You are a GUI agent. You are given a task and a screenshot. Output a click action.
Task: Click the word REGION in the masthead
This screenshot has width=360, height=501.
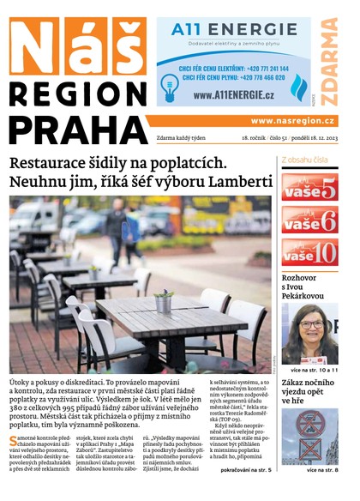click(76, 94)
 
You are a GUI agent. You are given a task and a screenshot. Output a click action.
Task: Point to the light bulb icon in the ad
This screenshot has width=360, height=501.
click(168, 82)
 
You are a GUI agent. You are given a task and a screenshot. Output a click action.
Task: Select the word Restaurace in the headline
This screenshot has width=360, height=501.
click(52, 161)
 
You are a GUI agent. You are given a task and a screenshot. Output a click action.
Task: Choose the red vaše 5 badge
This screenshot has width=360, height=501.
click(309, 188)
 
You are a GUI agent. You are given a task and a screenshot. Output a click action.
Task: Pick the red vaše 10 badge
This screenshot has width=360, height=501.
click(309, 251)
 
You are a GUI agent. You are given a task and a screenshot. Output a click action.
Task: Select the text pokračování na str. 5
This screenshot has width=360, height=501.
click(245, 471)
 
